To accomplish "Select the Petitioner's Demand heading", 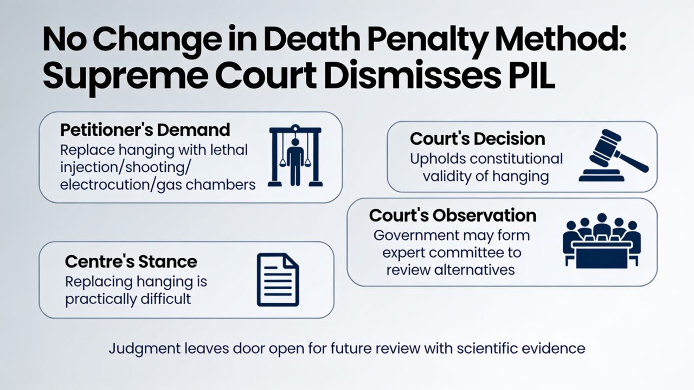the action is (x=145, y=130).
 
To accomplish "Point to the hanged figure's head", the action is (x=295, y=142).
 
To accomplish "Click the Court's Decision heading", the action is (x=478, y=138).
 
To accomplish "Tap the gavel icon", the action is (x=613, y=155).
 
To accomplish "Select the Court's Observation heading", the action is (x=453, y=216).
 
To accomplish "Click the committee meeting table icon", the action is (x=602, y=241).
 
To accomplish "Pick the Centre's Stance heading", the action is (x=131, y=262).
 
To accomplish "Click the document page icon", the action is (x=278, y=280).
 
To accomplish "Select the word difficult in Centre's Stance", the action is (x=166, y=298).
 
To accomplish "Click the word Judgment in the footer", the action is (x=145, y=349).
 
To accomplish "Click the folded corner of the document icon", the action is (x=291, y=261).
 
